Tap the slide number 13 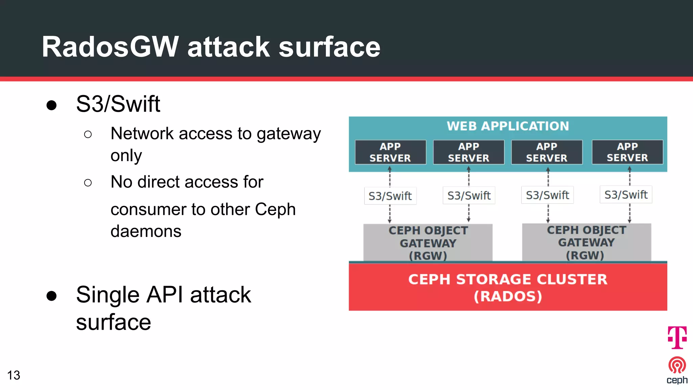[x=14, y=375]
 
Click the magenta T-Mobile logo [x=677, y=337]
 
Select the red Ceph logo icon [x=677, y=365]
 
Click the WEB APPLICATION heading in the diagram [x=508, y=126]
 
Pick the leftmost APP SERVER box [x=390, y=152]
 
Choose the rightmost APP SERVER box [x=627, y=152]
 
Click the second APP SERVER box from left [x=469, y=152]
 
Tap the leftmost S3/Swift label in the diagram [x=390, y=196]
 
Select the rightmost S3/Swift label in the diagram [x=626, y=195]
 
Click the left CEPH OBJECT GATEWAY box [x=428, y=243]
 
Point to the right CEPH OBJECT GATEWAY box [x=586, y=242]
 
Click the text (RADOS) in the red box [x=508, y=296]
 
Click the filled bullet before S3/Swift [x=51, y=105]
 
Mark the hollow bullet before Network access [x=88, y=134]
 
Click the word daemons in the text [x=146, y=231]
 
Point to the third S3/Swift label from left [x=547, y=195]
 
